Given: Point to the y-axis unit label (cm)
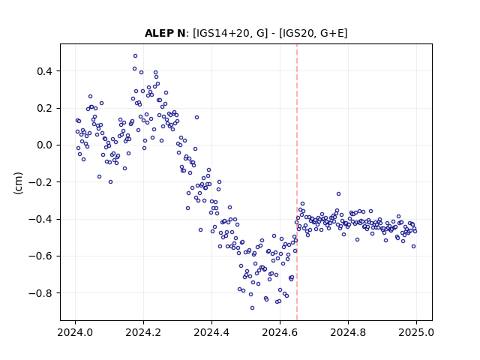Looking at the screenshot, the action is pyautogui.click(x=18, y=182).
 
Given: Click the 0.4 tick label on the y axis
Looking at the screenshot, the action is pyautogui.click(x=45, y=71).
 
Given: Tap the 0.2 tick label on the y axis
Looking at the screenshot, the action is pyautogui.click(x=45, y=108).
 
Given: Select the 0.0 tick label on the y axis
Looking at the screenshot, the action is pyautogui.click(x=45, y=145).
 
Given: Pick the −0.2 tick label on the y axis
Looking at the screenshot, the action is pyautogui.click(x=40, y=182).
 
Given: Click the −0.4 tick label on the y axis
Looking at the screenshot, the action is pyautogui.click(x=40, y=219).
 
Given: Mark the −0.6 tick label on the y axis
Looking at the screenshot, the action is pyautogui.click(x=40, y=256).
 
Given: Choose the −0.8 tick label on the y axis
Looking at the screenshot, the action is pyautogui.click(x=40, y=293).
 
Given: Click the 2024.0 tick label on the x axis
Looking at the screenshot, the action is pyautogui.click(x=75, y=332).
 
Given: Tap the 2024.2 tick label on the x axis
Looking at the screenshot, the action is pyautogui.click(x=143, y=332).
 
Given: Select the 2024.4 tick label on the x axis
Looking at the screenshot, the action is pyautogui.click(x=211, y=332).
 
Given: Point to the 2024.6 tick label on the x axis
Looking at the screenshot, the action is pyautogui.click(x=280, y=332).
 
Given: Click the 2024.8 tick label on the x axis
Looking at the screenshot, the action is pyautogui.click(x=348, y=332).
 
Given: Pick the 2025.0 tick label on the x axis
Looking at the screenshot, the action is pyautogui.click(x=416, y=332).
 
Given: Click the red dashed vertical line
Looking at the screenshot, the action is pyautogui.click(x=297, y=182).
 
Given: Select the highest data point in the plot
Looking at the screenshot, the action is pyautogui.click(x=135, y=56).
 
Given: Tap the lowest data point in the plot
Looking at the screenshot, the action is pyautogui.click(x=252, y=308).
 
